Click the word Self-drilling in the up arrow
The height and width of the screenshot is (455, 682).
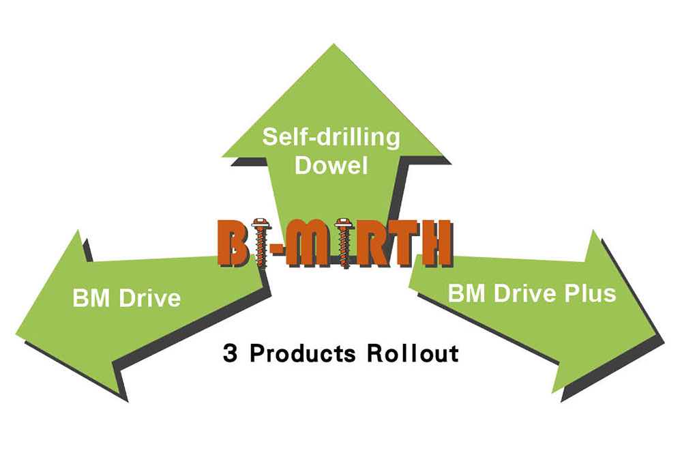[331, 138]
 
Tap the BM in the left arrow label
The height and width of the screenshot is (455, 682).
[91, 297]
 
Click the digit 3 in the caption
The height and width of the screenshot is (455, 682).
[229, 354]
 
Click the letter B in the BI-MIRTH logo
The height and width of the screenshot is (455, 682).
[235, 243]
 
